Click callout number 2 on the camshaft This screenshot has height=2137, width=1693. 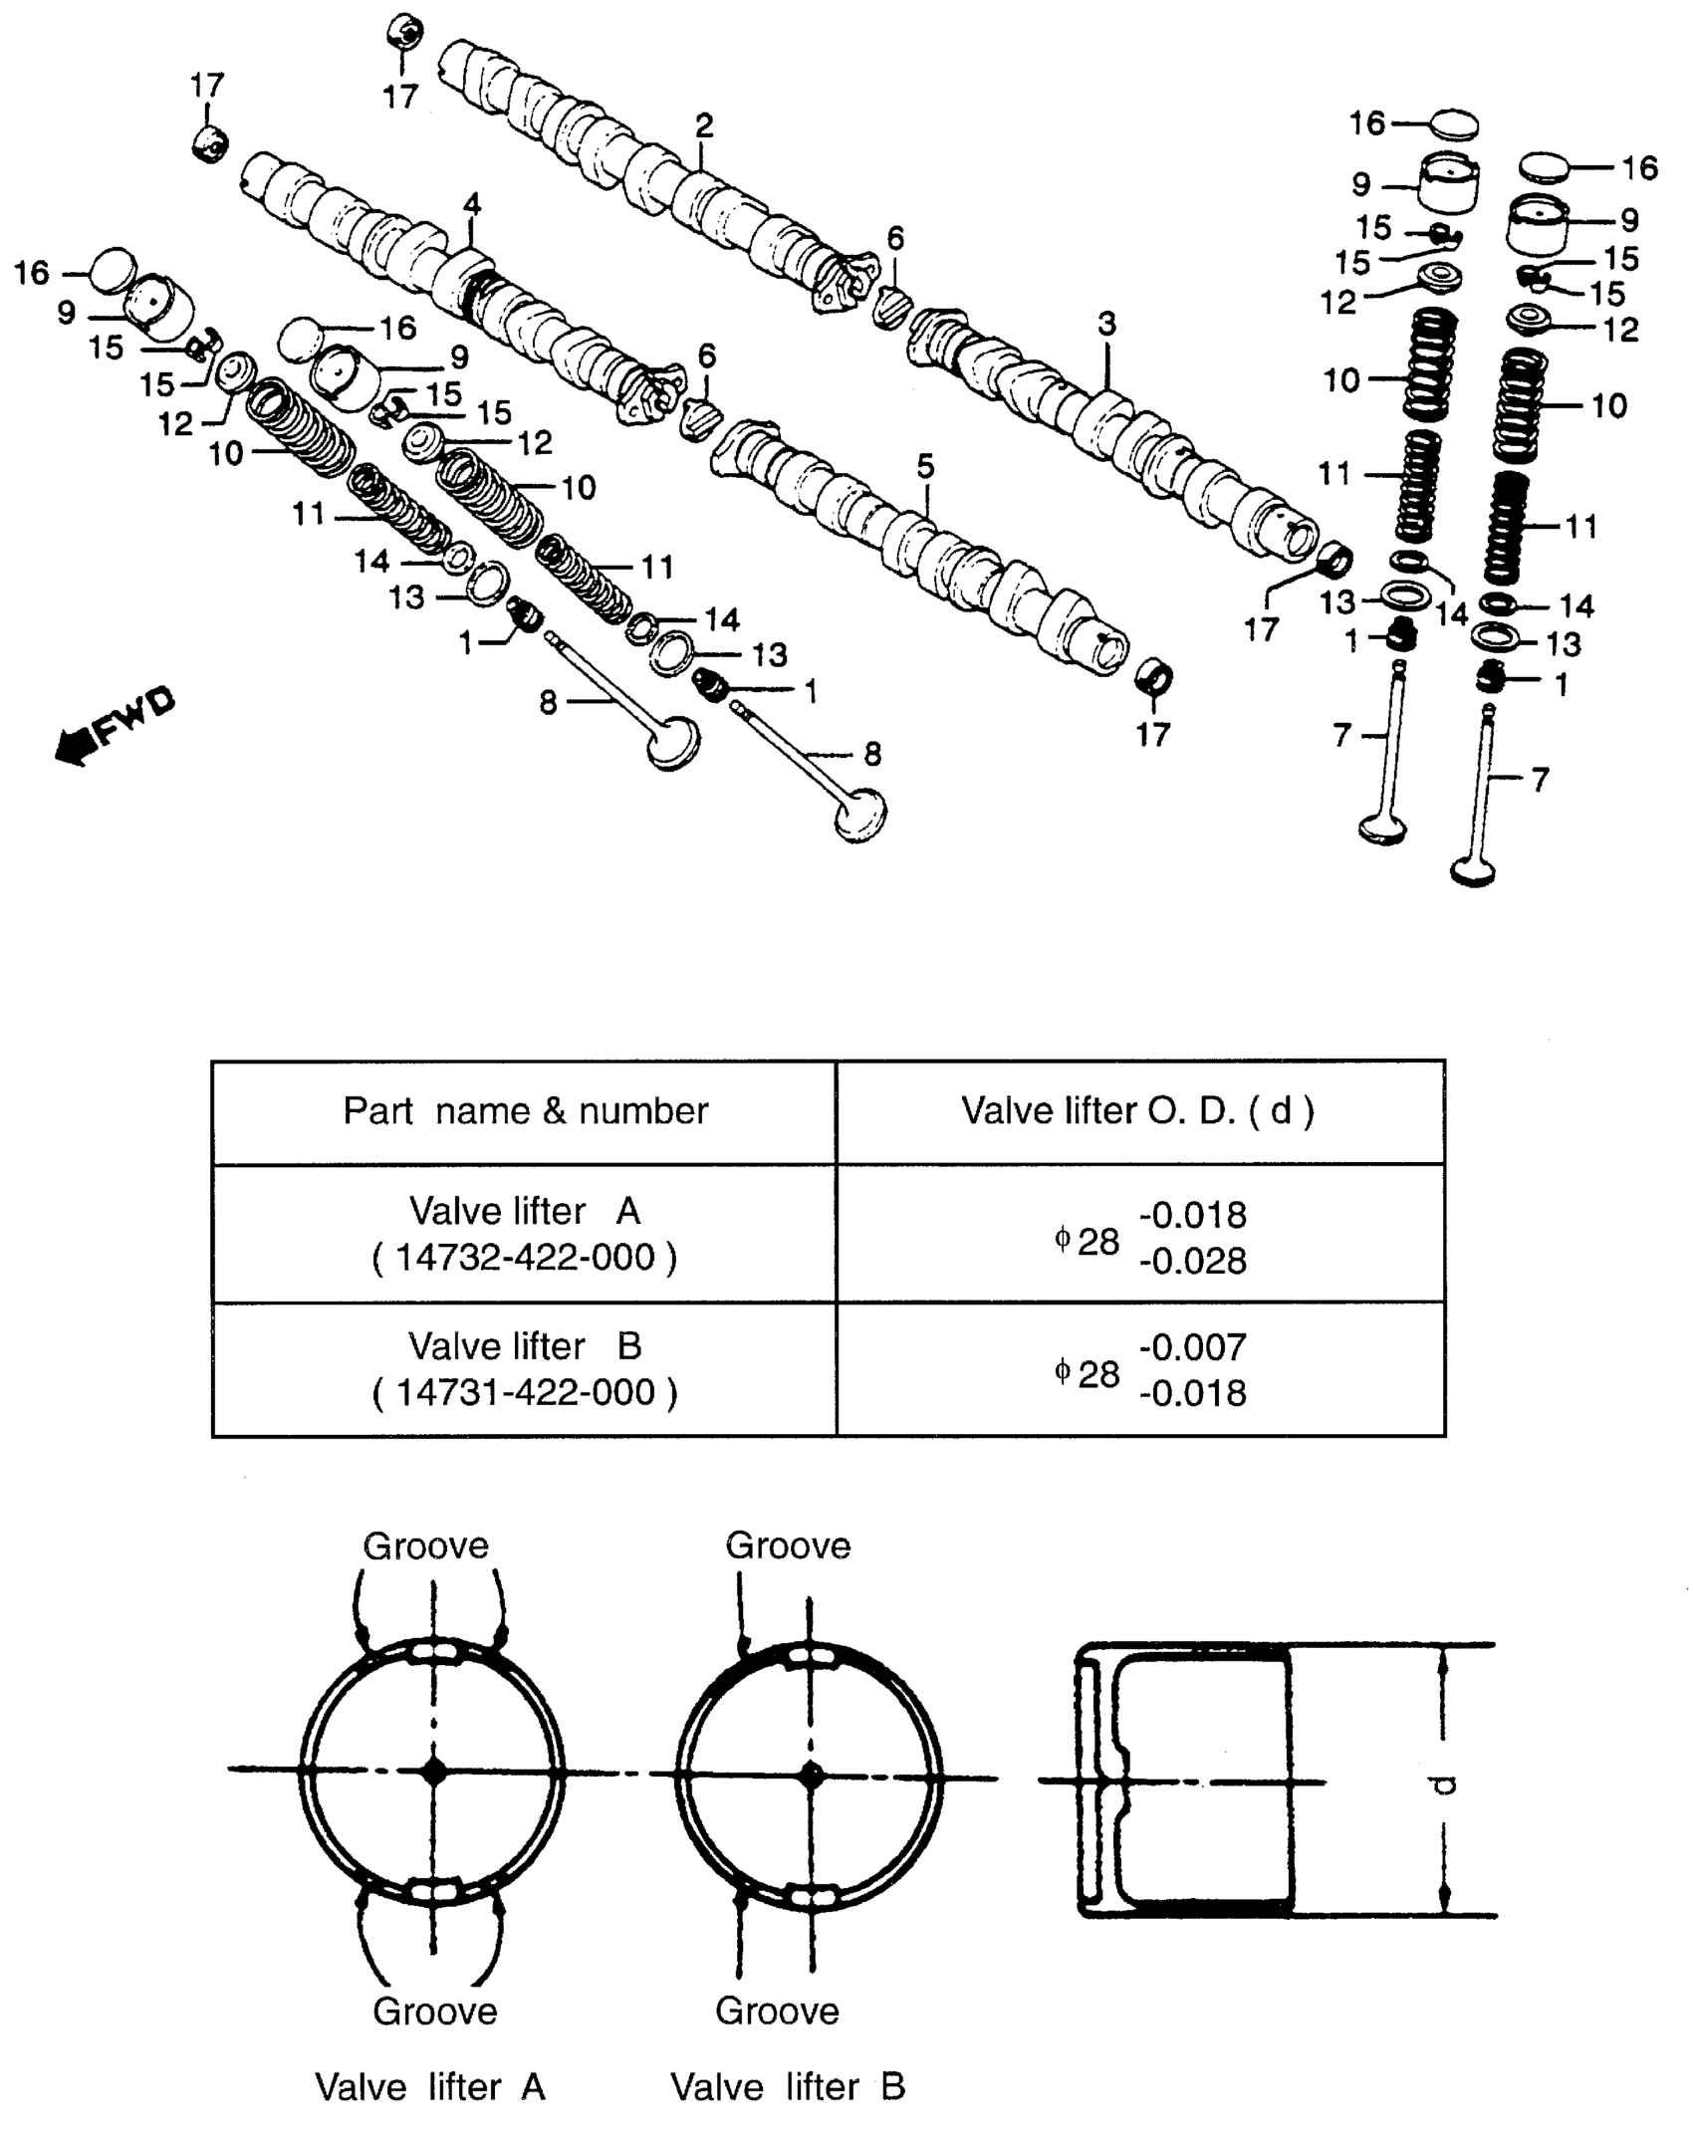click(x=704, y=125)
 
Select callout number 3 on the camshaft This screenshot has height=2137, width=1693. click(x=1107, y=324)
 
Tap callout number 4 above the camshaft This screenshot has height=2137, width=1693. click(x=472, y=205)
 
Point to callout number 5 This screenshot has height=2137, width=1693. click(x=925, y=465)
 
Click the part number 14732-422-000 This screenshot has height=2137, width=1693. click(x=525, y=1258)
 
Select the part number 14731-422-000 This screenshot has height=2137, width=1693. click(x=525, y=1392)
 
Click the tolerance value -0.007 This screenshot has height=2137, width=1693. click(x=1192, y=1348)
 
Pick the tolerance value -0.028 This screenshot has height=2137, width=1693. click(x=1192, y=1261)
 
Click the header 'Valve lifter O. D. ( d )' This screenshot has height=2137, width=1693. click(x=1138, y=1110)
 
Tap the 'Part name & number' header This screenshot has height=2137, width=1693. click(x=525, y=1110)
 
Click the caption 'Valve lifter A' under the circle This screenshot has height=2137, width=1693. click(x=430, y=2086)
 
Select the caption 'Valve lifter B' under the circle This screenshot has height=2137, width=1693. click(x=788, y=2086)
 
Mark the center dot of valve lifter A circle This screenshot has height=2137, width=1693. click(x=433, y=1772)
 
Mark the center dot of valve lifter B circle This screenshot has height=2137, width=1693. click(x=812, y=1774)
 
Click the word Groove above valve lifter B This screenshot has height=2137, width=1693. click(x=788, y=1545)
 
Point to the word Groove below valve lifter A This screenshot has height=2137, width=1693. click(x=434, y=2011)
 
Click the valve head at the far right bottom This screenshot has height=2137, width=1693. click(x=1474, y=871)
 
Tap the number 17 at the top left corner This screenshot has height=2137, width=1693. click(x=207, y=86)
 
